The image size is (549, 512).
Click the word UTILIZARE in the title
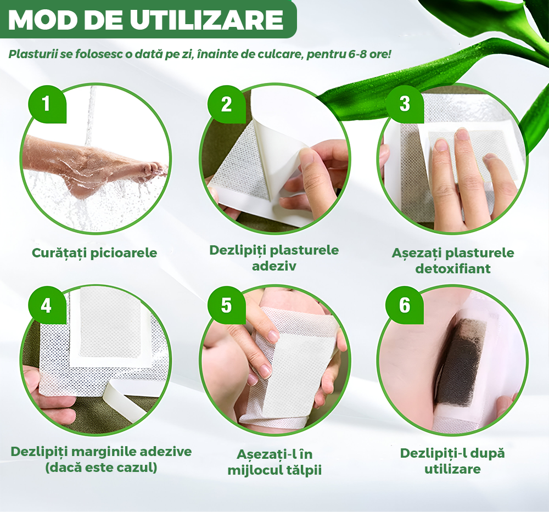coord(206,20)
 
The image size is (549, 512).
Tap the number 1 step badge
coord(47,104)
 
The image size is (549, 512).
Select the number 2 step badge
coord(226,104)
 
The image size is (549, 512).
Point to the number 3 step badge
coord(405,104)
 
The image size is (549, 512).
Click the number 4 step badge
coord(47,306)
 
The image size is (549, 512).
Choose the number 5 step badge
coord(226,306)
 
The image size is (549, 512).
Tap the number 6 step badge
coord(405,306)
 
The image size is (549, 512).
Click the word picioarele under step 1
coord(125,253)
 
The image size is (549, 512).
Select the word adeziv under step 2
coord(274,266)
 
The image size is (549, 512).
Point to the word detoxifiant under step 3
coord(453,269)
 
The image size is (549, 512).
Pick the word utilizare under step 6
coord(452,469)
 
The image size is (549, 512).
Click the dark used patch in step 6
coord(461,364)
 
